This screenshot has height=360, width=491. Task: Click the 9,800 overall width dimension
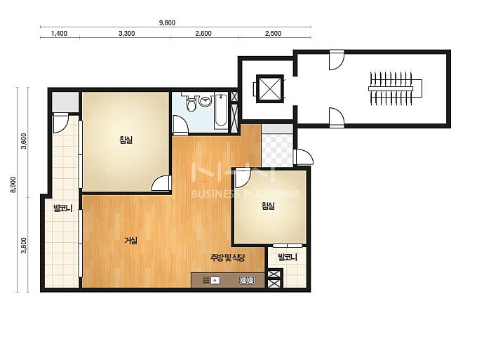click(167, 23)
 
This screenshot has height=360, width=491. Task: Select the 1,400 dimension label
click(59, 34)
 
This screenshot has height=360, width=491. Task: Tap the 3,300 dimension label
click(127, 34)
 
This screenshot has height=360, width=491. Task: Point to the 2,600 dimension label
click(203, 34)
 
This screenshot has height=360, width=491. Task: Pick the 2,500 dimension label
click(274, 34)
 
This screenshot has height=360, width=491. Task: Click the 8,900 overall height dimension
click(13, 185)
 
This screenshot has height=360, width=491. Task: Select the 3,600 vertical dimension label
click(24, 141)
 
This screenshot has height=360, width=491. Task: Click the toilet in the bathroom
click(190, 102)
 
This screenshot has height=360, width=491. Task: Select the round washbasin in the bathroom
click(206, 101)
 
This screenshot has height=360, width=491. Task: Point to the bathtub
click(222, 111)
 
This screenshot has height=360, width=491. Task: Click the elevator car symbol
click(270, 88)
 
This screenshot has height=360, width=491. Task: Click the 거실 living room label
click(131, 241)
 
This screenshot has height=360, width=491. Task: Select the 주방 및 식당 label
click(227, 258)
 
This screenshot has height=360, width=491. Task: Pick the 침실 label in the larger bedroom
click(126, 140)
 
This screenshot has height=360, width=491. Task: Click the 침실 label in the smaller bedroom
click(268, 206)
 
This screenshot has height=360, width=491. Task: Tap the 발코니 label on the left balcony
click(63, 208)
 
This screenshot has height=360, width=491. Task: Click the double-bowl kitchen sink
click(247, 280)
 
